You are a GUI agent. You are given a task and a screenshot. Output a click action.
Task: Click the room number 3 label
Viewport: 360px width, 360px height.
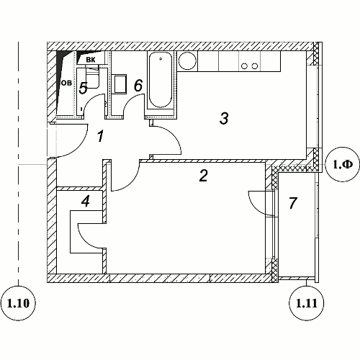224,119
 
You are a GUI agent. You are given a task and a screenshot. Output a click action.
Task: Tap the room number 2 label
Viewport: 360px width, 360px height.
204,176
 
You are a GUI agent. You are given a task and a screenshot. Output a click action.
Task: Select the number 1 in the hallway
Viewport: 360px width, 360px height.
100,136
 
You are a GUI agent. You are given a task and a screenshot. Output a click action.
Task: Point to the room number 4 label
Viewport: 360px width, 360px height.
86,201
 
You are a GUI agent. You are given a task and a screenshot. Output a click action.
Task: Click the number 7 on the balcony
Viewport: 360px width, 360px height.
293,203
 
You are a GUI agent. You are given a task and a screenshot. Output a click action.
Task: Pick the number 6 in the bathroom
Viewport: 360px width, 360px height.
138,86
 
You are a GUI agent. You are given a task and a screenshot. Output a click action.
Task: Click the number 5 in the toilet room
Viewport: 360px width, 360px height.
84,88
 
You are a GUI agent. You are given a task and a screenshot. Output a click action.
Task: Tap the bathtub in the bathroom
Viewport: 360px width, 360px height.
161,80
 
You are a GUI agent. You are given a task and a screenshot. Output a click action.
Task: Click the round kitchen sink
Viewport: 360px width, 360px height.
187,60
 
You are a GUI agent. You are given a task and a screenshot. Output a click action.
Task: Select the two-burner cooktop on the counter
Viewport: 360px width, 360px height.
250,66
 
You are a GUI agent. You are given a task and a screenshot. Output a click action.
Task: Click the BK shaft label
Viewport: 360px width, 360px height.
91,60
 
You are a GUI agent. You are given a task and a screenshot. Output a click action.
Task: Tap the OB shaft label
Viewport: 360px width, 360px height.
66,84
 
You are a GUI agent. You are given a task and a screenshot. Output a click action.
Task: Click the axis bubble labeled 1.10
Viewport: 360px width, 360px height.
19,303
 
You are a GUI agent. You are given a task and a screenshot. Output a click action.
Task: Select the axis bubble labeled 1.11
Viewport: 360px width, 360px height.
307,303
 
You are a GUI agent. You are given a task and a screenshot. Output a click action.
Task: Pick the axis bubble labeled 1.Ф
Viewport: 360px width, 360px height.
343,164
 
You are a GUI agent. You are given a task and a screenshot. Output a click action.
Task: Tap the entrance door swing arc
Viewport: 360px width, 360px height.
79,147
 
